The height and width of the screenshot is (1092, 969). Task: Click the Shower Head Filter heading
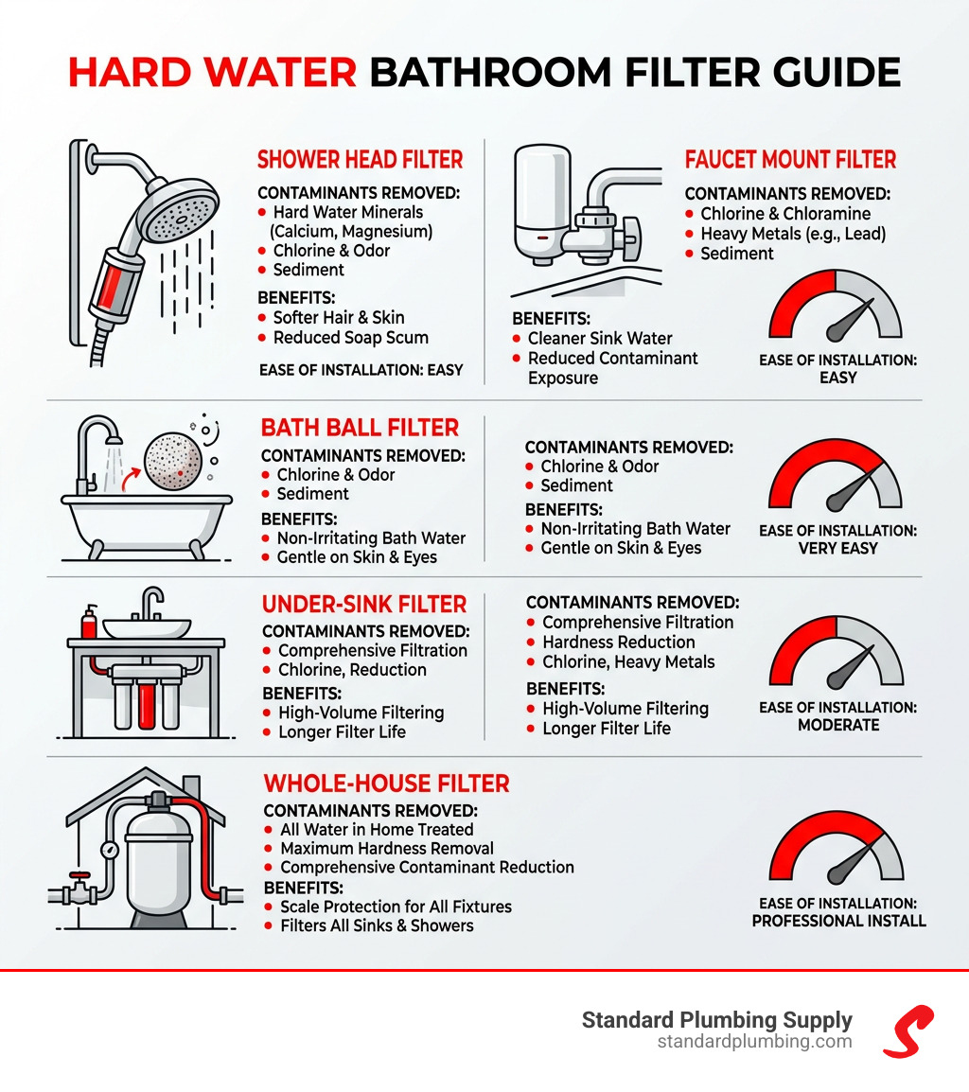(360, 159)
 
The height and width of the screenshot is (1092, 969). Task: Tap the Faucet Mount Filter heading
(790, 159)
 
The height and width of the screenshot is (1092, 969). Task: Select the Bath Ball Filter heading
(360, 427)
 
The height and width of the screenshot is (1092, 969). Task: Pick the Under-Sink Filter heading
(364, 604)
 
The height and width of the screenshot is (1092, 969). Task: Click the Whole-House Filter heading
(386, 783)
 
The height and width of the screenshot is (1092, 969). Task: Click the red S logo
(907, 1030)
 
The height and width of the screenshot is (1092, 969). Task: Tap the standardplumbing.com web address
(754, 1042)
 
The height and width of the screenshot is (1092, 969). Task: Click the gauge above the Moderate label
(836, 653)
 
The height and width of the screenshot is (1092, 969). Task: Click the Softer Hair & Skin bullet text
(338, 317)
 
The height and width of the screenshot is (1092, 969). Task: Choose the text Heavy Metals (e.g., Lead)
(792, 234)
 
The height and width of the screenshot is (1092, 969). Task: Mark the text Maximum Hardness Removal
(387, 848)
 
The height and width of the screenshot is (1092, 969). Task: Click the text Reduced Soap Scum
(350, 337)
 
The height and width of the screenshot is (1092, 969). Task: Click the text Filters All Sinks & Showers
(377, 925)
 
